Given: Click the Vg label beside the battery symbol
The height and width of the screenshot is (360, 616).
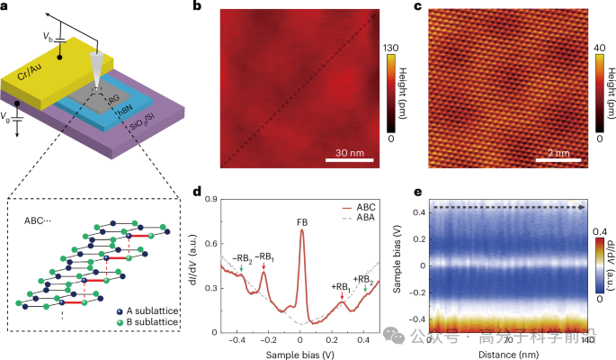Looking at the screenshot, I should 8,117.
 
